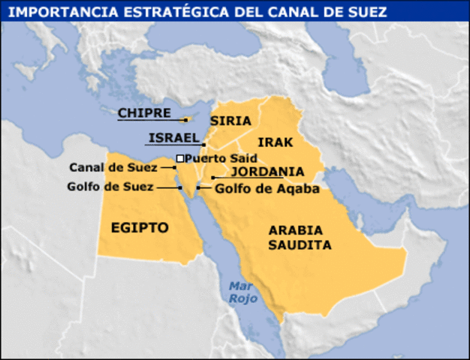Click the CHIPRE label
[x=140, y=113]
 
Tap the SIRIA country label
[x=230, y=121]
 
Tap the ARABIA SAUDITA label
[x=300, y=237]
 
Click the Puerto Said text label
[x=221, y=158]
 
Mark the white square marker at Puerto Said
[x=180, y=158]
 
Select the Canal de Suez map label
[x=113, y=167]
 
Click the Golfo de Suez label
[x=110, y=186]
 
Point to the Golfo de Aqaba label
[x=267, y=189]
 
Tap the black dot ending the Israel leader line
[x=203, y=143]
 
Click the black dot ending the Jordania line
[x=213, y=178]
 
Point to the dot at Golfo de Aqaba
[x=198, y=187]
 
